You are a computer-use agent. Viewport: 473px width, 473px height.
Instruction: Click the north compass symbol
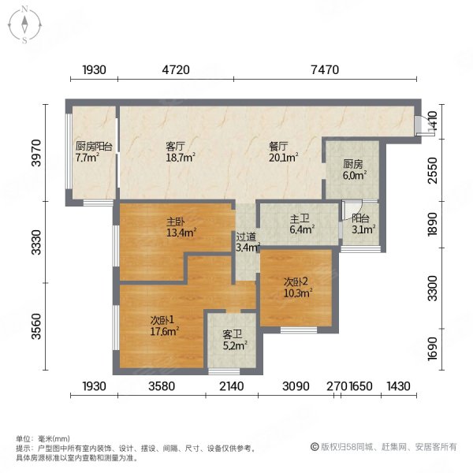(24, 24)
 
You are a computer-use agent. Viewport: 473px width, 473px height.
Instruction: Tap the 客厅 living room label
(175, 146)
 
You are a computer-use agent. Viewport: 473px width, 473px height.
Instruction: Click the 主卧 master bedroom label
(175, 222)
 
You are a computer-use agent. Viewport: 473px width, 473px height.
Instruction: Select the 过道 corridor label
(245, 236)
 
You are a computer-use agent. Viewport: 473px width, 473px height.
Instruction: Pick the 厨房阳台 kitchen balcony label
(93, 146)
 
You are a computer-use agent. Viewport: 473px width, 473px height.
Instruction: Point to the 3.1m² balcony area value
(363, 231)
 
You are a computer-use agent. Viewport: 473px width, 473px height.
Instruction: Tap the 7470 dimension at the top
(325, 70)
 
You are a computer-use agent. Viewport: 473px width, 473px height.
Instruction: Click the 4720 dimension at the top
(176, 70)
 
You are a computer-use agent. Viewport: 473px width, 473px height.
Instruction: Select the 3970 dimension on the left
(35, 152)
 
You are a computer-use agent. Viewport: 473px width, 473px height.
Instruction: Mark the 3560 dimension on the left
(35, 325)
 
